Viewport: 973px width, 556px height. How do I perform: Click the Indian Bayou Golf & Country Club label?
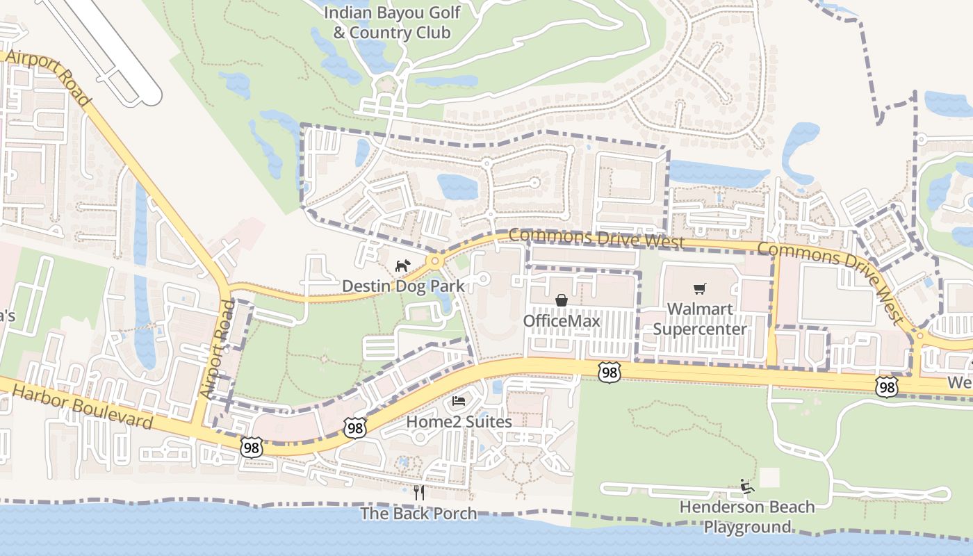392,22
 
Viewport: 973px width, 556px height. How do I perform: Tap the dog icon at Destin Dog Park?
403,265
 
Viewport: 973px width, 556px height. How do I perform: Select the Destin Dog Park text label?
403,286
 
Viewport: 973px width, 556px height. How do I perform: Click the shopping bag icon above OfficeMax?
561,300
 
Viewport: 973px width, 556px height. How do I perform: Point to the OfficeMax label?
561,321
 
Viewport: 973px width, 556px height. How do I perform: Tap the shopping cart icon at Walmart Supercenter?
699,288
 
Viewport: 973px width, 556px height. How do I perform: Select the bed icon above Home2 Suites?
459,401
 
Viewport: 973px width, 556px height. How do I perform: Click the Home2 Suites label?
459,422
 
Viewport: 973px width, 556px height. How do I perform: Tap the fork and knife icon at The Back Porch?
418,493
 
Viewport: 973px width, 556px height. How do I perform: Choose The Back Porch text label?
418,514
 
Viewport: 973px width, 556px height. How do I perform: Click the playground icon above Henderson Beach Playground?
747,486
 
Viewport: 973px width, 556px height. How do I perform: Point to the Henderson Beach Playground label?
747,516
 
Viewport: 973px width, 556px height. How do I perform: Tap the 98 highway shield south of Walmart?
609,373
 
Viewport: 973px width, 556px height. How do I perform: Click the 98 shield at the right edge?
886,387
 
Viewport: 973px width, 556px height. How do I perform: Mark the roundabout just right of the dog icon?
436,261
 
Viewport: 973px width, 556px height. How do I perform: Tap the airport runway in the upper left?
104,49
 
